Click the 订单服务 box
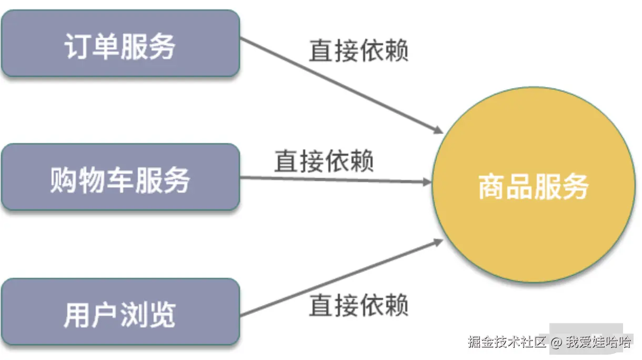(x=120, y=43)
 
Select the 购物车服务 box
(x=120, y=177)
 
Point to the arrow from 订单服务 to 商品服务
(x=342, y=85)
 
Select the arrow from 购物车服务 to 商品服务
(x=337, y=179)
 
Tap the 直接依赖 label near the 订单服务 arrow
(x=358, y=51)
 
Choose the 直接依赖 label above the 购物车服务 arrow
(x=324, y=161)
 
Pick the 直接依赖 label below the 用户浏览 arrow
(x=358, y=305)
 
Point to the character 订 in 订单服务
(x=77, y=46)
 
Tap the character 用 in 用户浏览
(x=76, y=315)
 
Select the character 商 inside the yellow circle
(x=491, y=186)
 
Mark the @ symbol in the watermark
(x=557, y=342)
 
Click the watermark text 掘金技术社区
(x=507, y=342)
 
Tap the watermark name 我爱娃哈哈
(x=598, y=342)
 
